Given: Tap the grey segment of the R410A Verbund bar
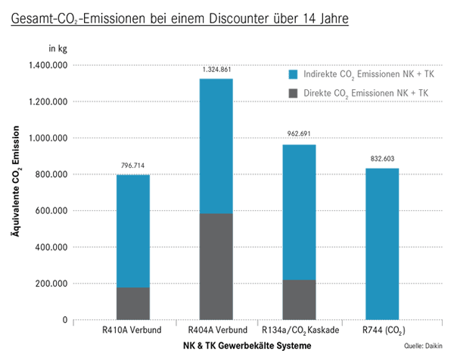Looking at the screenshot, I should (133, 303).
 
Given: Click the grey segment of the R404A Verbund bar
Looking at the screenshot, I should (216, 266).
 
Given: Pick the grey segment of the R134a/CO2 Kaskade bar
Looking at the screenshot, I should (299, 299).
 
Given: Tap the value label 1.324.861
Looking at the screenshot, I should (216, 70).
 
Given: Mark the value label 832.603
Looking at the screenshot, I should (382, 159).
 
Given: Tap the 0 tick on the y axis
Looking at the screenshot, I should (66, 320).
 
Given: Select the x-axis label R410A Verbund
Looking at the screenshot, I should (133, 331).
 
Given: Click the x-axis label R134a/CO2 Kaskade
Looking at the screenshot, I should (300, 331).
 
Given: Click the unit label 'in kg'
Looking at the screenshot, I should (59, 48).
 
